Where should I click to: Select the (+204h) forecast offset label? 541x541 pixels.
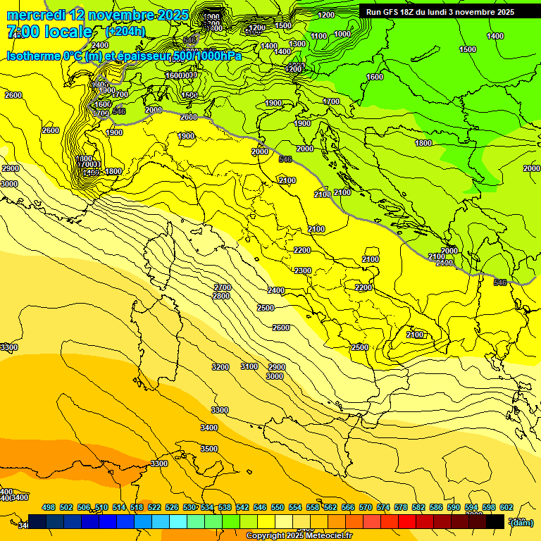pos(125,32)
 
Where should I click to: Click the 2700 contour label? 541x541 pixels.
pos(222,287)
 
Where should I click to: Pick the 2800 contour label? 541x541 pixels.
pos(220,296)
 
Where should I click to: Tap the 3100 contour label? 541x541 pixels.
pos(249,366)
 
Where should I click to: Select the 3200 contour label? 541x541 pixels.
pos(220,367)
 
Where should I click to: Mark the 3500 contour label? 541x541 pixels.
pos(209,449)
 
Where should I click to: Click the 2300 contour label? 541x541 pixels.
pos(303,270)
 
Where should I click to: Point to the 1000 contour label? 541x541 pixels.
pos(342,34)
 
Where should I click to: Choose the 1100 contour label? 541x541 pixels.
pos(318,35)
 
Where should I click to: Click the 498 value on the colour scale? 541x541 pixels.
pos(49,507)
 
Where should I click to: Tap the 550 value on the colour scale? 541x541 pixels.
pos(278,507)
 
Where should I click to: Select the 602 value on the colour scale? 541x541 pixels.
pos(506,507)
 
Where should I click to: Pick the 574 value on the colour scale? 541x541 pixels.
pos(383,507)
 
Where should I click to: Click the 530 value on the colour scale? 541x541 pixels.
pos(189,507)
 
